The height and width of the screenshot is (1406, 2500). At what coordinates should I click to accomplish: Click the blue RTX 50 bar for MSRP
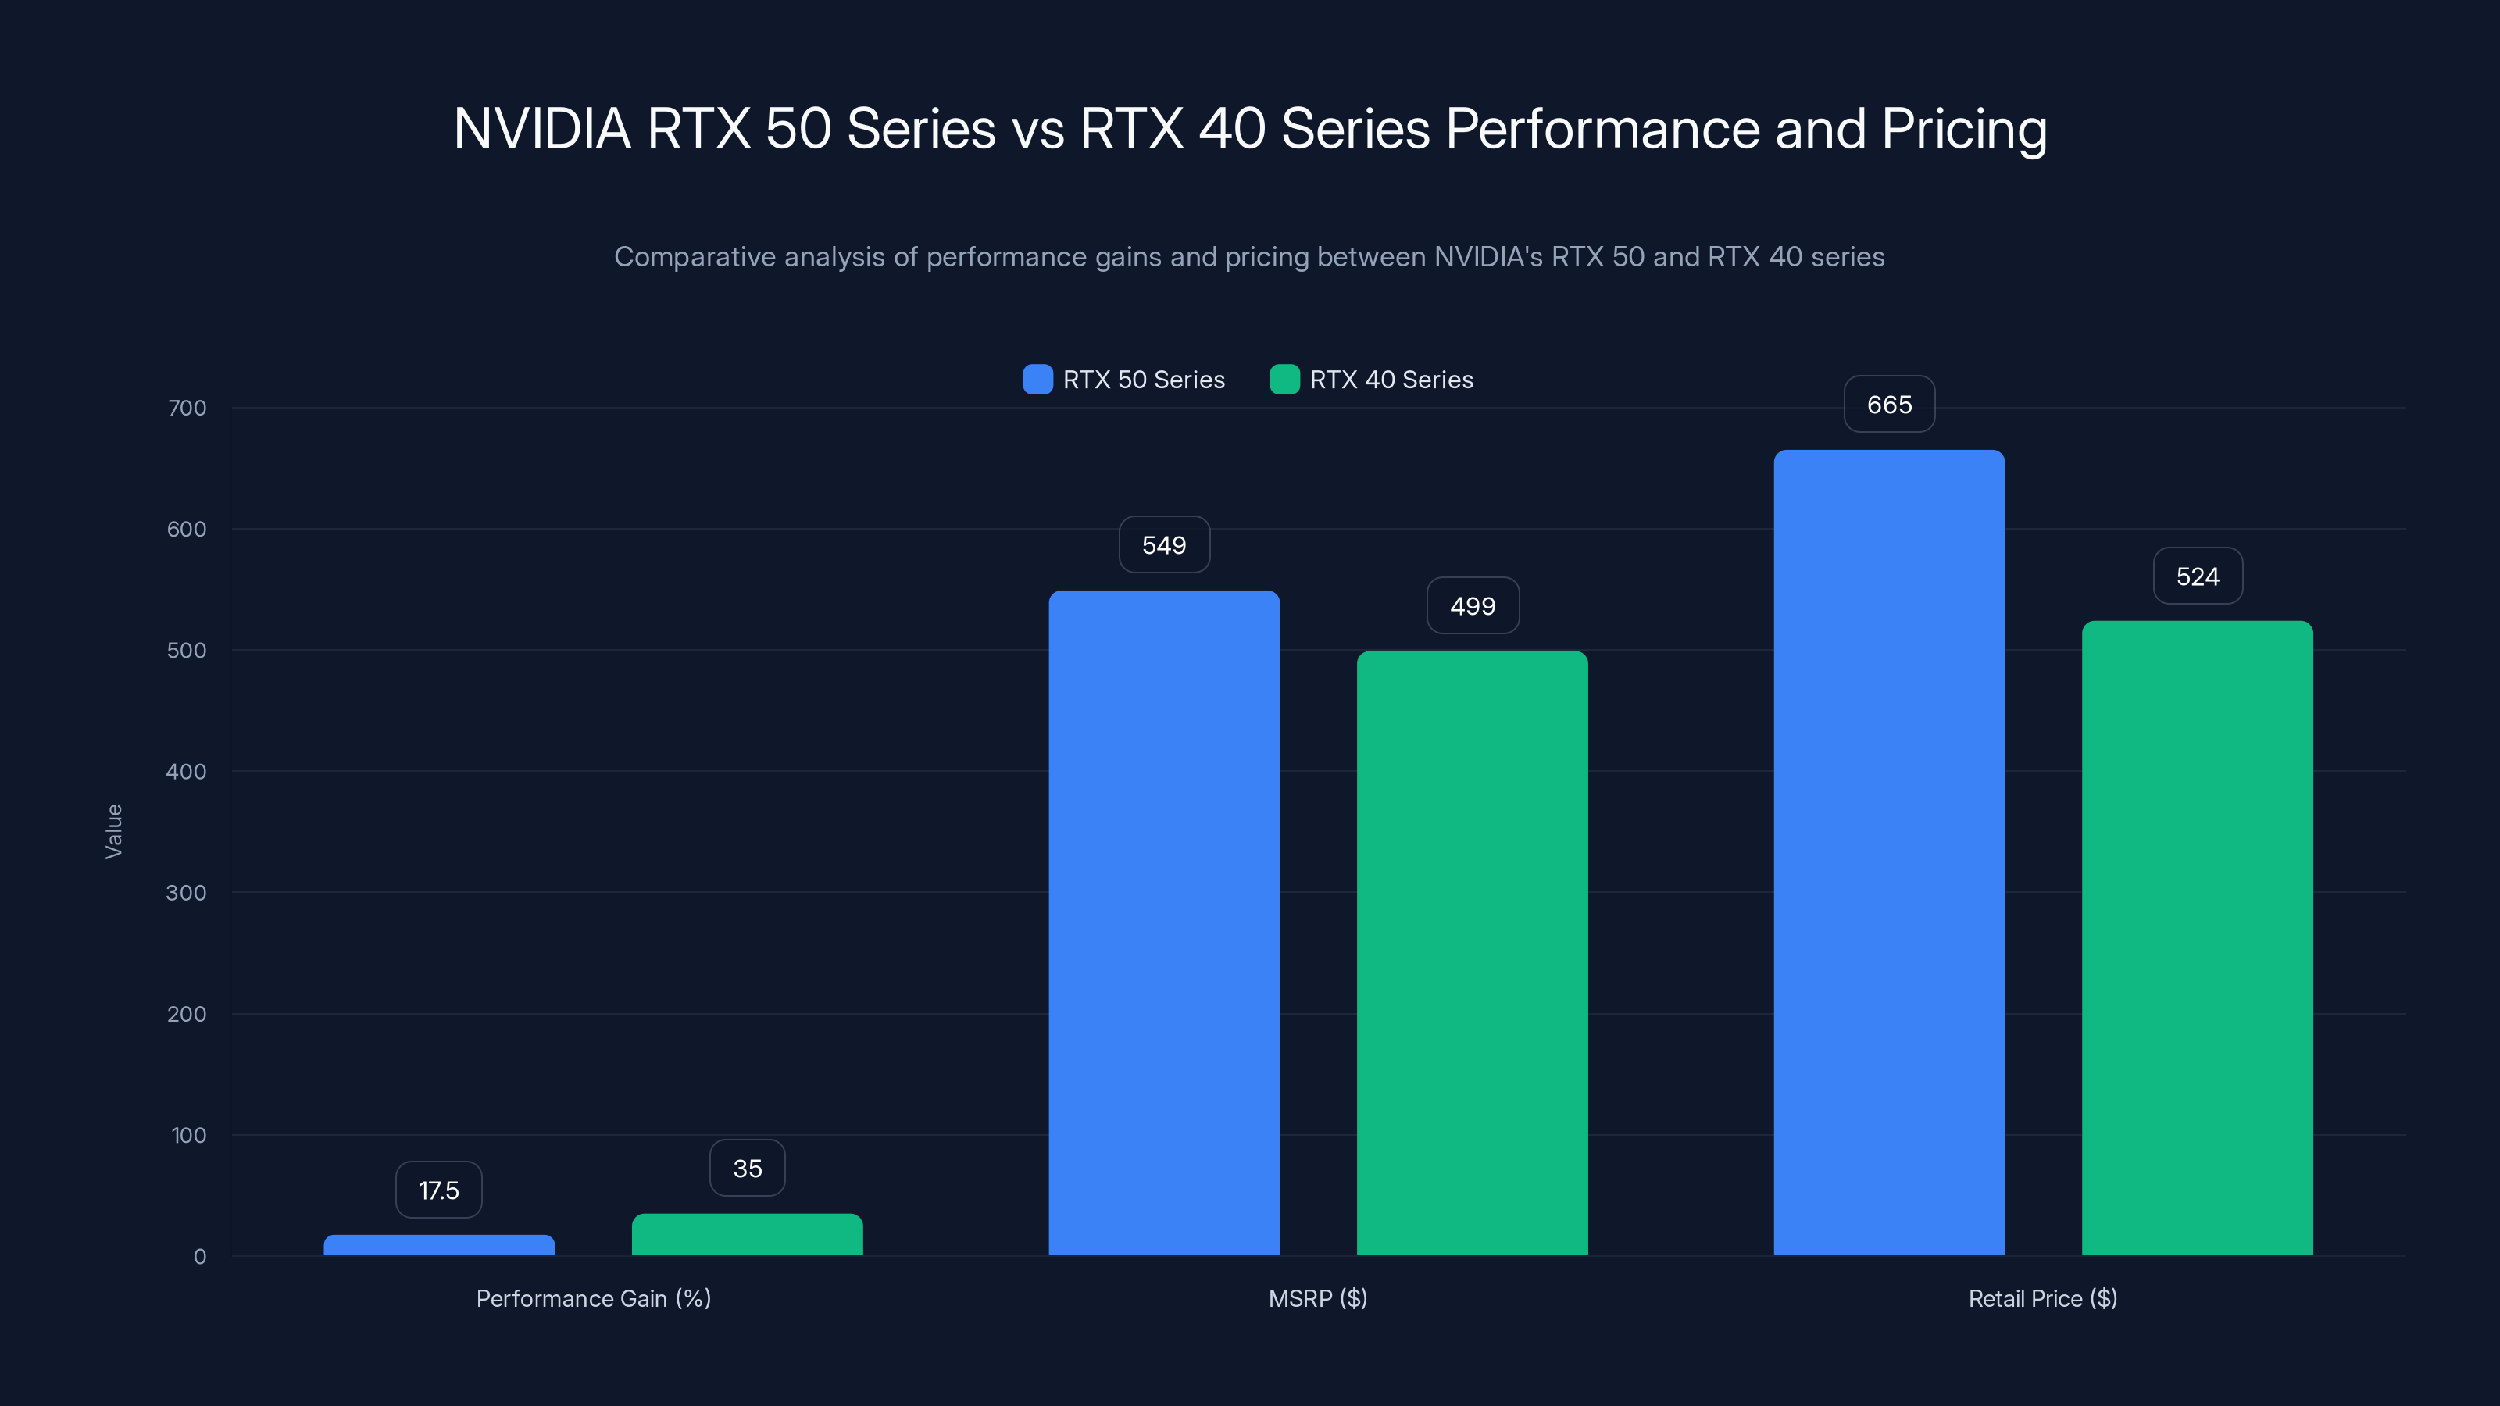click(x=1163, y=922)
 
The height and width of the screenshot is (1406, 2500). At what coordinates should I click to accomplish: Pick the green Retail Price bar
click(x=2197, y=937)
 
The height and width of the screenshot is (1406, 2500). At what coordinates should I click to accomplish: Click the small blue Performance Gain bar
click(x=438, y=1245)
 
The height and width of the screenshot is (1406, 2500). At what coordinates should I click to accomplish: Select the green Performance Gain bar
click(x=746, y=1234)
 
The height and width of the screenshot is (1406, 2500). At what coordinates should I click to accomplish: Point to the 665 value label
click(x=1888, y=405)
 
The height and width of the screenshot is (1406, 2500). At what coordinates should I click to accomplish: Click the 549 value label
click(x=1163, y=545)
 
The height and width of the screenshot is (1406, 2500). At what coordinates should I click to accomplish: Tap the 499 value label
click(x=1472, y=606)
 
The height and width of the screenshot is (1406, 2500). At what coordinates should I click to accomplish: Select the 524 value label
click(x=2197, y=576)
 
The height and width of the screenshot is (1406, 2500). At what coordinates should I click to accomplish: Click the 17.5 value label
click(x=438, y=1190)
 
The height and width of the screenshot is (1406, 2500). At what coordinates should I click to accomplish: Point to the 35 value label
click(x=746, y=1169)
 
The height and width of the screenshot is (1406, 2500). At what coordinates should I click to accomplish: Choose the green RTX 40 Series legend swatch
click(x=1284, y=380)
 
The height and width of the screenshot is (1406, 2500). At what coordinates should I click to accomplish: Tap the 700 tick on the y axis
click(x=187, y=408)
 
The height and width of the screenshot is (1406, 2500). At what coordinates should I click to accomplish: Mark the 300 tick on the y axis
click(x=187, y=893)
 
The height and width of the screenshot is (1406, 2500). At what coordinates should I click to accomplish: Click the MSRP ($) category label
click(x=1317, y=1298)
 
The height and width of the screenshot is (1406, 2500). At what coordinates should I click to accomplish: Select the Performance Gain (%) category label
click(x=593, y=1298)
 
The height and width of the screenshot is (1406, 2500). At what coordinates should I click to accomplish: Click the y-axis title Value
click(x=113, y=830)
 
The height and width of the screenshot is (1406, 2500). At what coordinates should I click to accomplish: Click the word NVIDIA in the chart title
click(x=541, y=129)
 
